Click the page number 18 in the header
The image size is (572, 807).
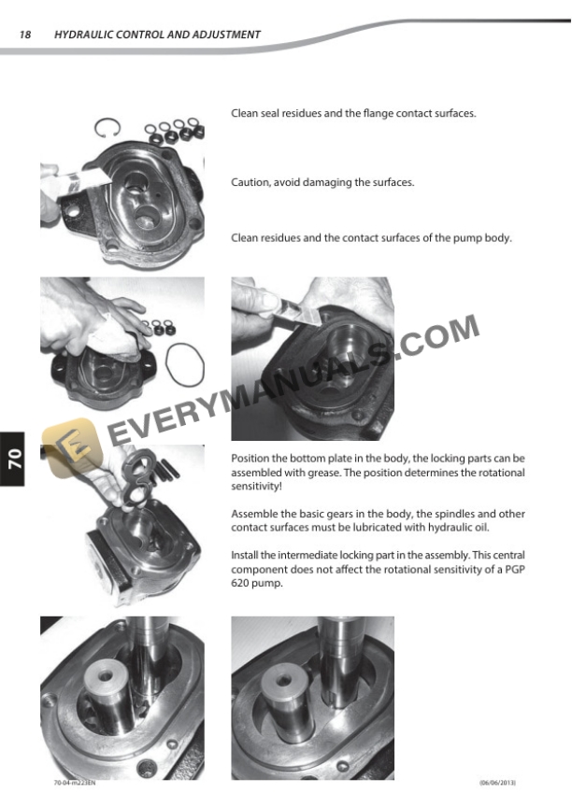(25, 35)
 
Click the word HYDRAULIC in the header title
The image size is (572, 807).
(82, 35)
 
